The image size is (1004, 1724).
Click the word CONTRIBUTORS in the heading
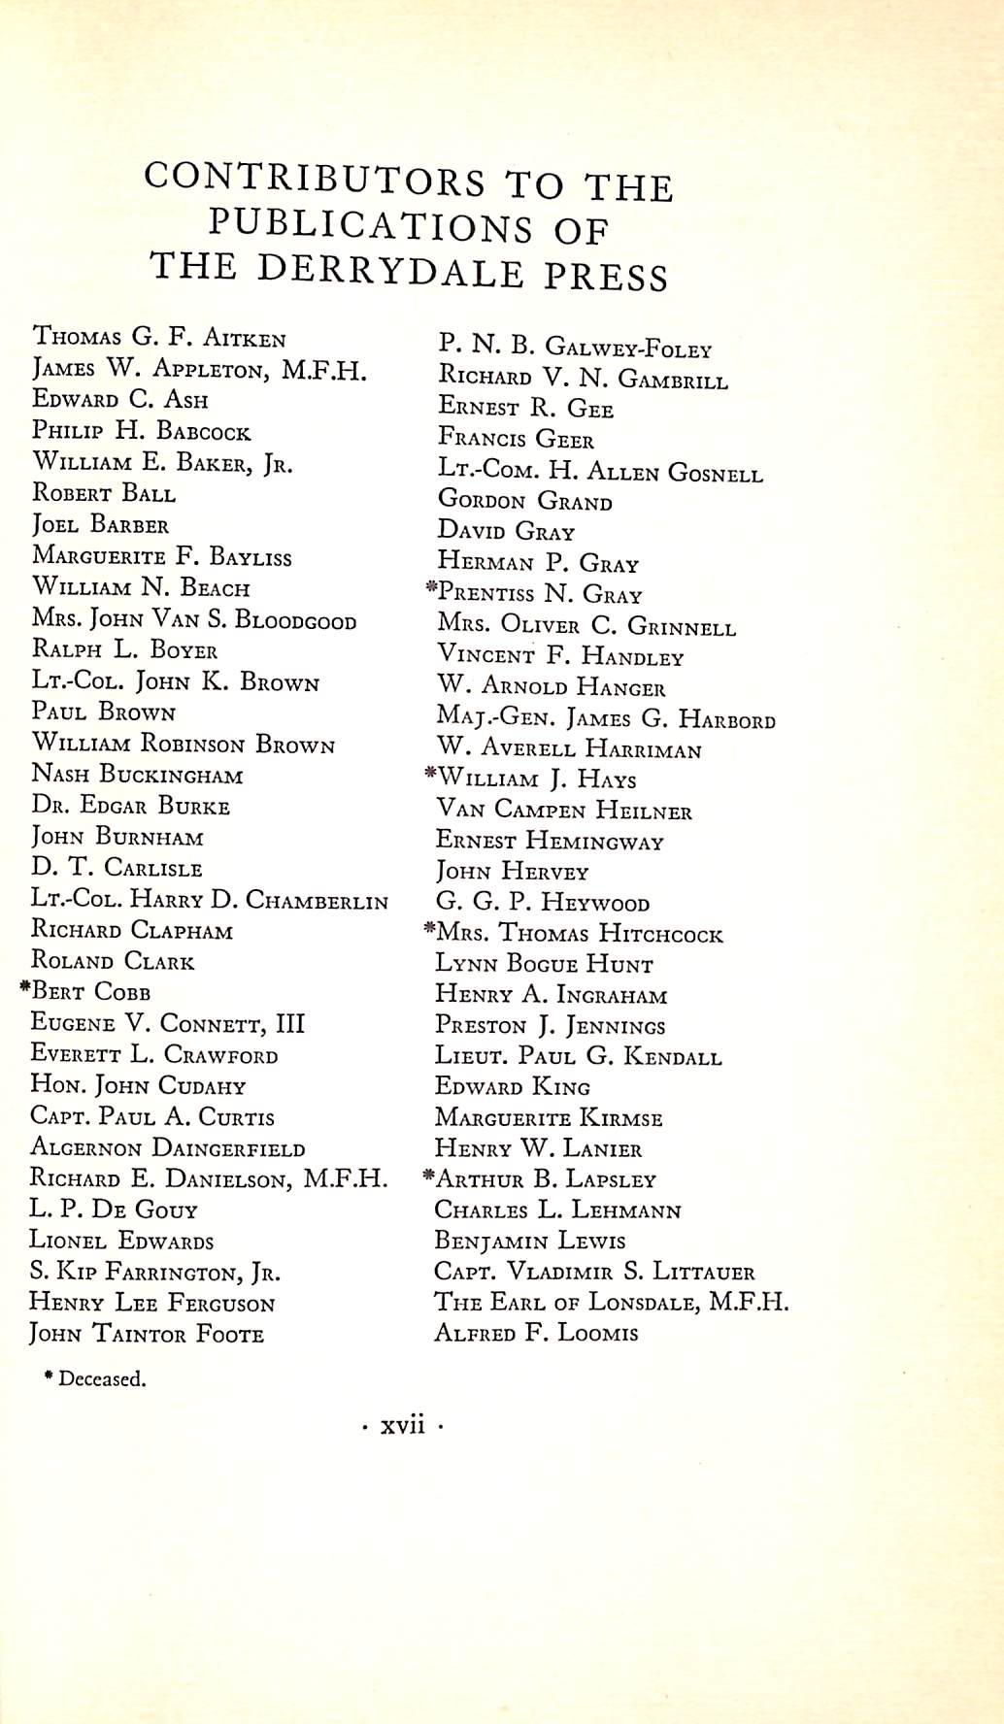[315, 180]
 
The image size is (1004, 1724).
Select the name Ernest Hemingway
[550, 841]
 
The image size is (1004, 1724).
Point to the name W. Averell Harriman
[569, 749]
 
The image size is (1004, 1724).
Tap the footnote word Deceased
[102, 1379]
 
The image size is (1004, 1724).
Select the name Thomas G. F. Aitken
[159, 338]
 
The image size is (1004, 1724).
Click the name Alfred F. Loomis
[536, 1333]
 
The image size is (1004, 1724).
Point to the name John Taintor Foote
[147, 1335]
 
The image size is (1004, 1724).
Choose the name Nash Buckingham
[138, 775]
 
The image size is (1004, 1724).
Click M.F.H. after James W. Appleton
[324, 371]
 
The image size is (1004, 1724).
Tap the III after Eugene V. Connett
[289, 1024]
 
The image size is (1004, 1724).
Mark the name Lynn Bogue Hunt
[544, 964]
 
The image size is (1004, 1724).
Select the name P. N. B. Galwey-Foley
[576, 348]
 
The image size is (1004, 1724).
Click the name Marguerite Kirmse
[549, 1118]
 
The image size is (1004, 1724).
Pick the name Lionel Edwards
[121, 1241]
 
